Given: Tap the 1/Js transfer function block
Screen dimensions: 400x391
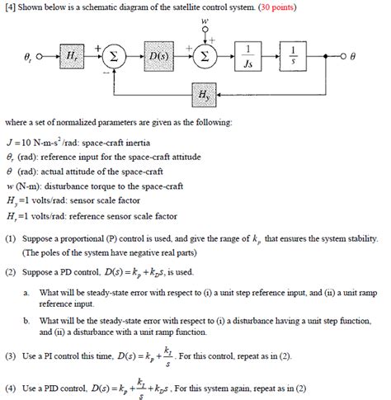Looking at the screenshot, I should (250, 59).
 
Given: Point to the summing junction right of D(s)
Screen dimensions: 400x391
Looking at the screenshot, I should (205, 59).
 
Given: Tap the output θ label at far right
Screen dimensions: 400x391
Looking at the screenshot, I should (352, 59).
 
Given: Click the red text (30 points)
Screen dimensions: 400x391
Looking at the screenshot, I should (279, 7).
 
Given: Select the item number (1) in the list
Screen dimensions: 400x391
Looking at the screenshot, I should (11, 238).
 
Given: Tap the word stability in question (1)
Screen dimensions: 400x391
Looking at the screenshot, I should (352, 238).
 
